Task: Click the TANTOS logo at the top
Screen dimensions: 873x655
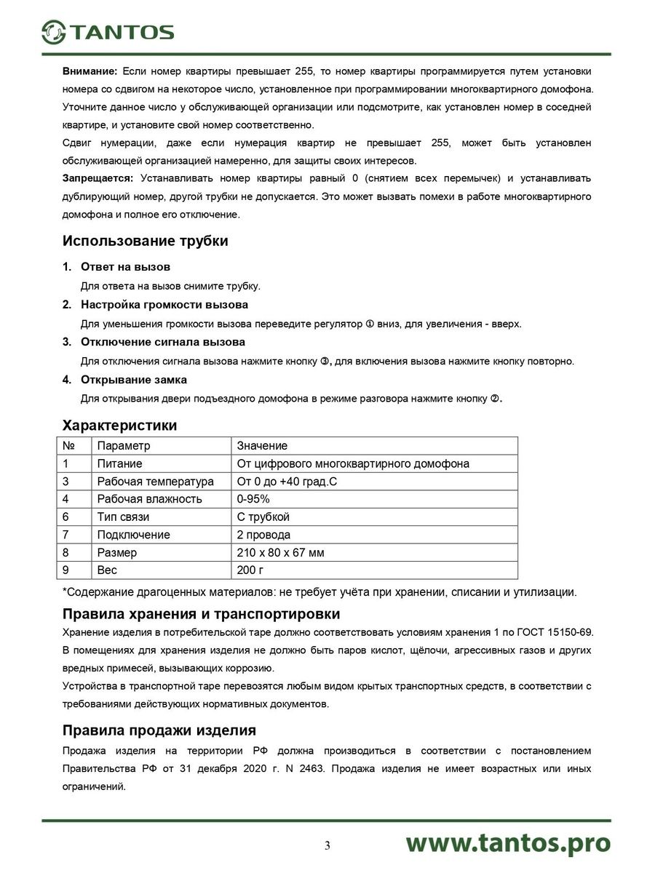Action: pos(108,31)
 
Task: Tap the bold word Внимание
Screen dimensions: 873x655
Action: pos(90,71)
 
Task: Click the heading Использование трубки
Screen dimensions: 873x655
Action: pos(146,241)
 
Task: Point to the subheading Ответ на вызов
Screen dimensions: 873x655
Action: pos(125,267)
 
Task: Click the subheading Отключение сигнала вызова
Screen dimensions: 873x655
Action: pos(162,342)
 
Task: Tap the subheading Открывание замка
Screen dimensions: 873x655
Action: pos(133,380)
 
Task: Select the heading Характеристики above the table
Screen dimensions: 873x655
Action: pos(120,425)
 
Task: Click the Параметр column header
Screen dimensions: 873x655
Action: pos(123,446)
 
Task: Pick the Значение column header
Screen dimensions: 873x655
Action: pos(262,446)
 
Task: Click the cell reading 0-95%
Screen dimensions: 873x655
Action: pos(254,499)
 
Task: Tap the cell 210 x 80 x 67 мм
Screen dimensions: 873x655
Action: pos(281,553)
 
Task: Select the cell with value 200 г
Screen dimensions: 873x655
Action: pos(250,570)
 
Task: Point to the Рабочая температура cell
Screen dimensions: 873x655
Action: pos(155,482)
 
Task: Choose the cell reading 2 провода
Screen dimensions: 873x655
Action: pos(263,535)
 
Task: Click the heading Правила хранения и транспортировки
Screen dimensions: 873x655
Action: pos(202,614)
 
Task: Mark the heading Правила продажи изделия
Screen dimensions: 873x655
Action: pos(159,730)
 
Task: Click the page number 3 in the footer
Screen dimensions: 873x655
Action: pos(327,845)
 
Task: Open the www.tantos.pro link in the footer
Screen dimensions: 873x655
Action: pos(508,842)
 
